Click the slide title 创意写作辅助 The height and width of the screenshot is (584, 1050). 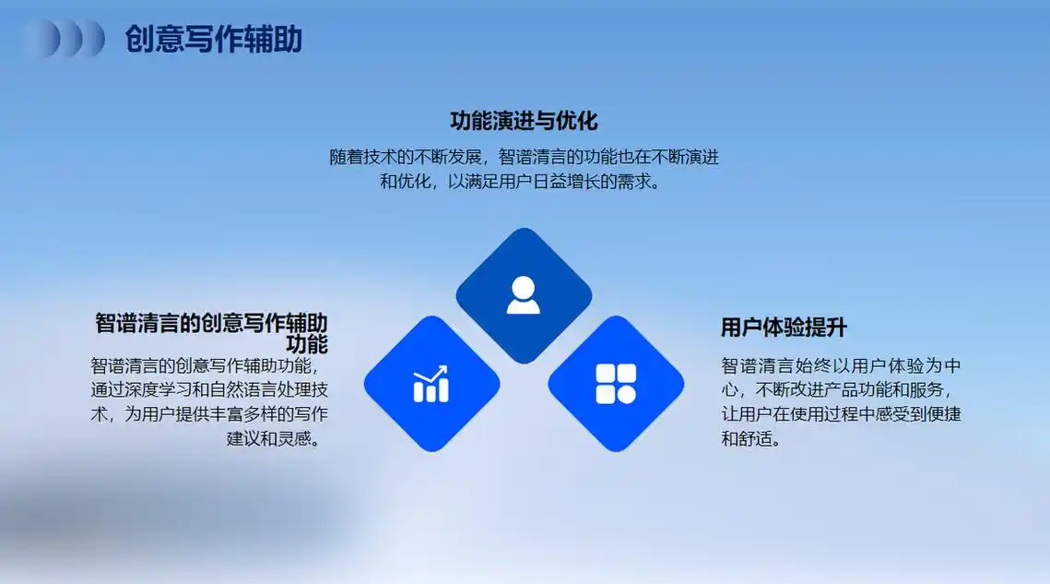coord(214,40)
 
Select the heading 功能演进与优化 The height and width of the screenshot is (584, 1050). coord(524,121)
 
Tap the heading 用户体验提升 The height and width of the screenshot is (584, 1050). coord(784,328)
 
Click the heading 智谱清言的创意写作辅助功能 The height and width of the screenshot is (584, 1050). coord(211,333)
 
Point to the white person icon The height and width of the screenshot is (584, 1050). coord(524,295)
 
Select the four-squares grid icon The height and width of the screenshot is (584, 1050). coord(616,384)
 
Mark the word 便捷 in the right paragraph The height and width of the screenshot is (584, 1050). coord(942,414)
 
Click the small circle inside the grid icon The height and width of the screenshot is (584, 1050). coord(626,394)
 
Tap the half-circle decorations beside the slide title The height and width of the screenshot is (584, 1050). coord(64,39)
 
